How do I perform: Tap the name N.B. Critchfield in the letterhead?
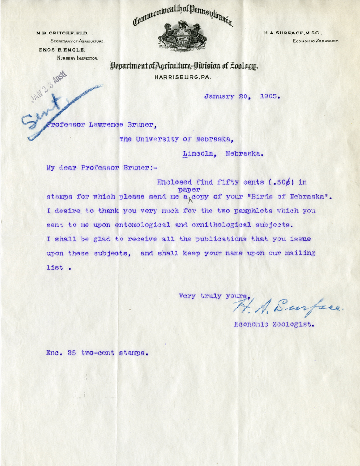coord(63,33)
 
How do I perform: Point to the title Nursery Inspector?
coord(77,58)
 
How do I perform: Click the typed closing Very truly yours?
coord(215,295)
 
